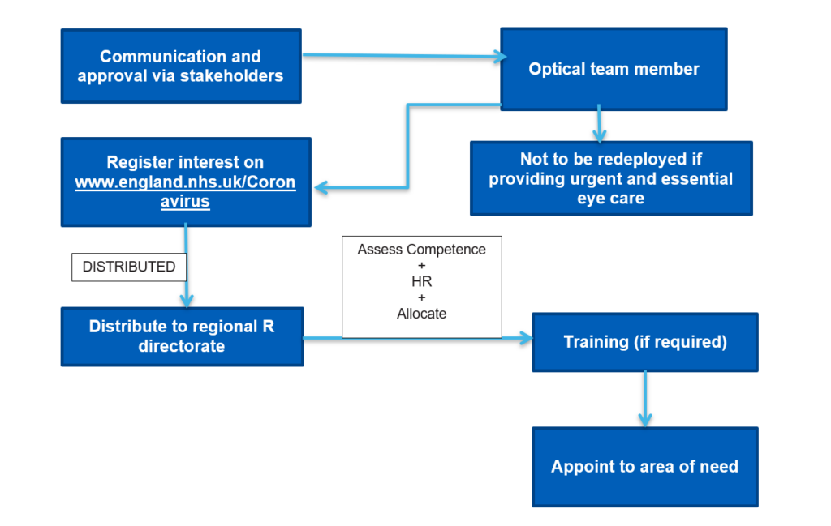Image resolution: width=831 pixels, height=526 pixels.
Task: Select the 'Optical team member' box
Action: click(x=614, y=69)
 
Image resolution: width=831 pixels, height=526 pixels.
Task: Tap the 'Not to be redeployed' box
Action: click(x=610, y=178)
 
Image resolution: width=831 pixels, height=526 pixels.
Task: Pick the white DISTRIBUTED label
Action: click(x=129, y=267)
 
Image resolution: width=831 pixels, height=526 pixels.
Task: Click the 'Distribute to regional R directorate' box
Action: click(x=182, y=336)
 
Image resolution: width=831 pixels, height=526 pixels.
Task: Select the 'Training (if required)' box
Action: click(x=644, y=342)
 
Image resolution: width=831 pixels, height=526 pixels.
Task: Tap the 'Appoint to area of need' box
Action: click(x=644, y=466)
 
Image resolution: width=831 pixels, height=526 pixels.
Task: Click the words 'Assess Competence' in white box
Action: click(x=421, y=250)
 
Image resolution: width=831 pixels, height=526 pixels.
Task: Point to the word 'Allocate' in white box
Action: click(x=421, y=314)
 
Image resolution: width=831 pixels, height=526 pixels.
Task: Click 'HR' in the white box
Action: click(x=421, y=281)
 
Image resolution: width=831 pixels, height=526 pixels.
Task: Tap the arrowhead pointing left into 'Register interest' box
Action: click(x=321, y=188)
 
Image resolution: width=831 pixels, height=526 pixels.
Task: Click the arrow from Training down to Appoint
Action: click(x=644, y=397)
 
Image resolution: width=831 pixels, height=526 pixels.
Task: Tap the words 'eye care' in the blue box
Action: click(x=610, y=198)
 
